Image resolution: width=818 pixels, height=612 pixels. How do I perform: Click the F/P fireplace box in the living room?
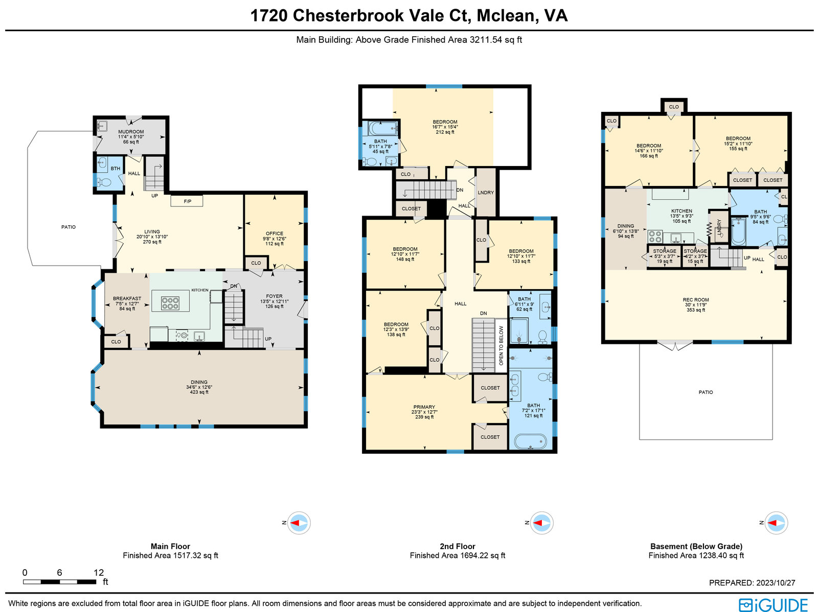(187, 201)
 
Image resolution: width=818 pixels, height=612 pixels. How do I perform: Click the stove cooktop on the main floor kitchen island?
(170, 303)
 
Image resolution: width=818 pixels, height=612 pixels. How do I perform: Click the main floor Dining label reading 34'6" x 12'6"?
(199, 387)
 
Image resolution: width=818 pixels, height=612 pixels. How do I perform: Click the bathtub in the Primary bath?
(530, 441)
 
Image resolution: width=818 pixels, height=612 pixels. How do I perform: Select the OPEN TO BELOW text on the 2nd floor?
(501, 345)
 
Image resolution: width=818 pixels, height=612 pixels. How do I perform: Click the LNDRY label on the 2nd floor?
(486, 193)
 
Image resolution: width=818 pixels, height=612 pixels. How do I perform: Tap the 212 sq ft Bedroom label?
(445, 127)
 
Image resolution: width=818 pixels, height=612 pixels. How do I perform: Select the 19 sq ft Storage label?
(665, 256)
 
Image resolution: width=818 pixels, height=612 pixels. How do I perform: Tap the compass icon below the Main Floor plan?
(299, 523)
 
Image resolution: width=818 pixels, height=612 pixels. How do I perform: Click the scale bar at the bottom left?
(60, 581)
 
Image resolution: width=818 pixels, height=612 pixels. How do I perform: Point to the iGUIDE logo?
(774, 605)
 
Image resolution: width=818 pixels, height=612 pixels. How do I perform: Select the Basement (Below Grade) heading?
(696, 546)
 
